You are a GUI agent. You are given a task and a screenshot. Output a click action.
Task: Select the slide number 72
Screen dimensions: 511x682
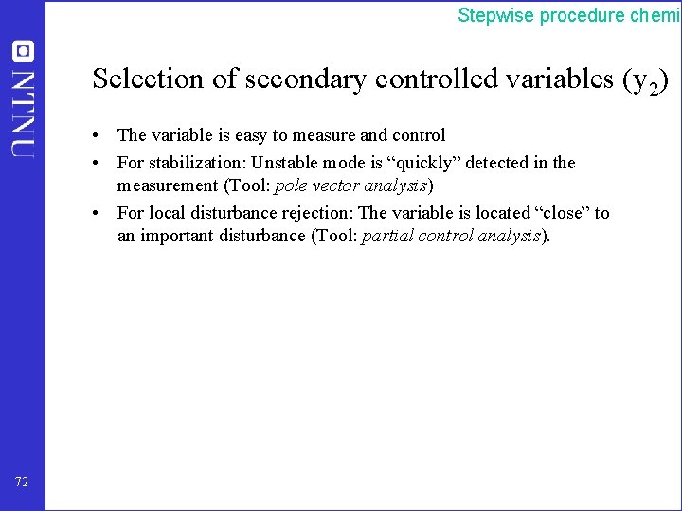tap(23, 483)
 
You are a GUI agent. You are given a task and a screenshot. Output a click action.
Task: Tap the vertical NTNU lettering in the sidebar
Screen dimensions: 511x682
tap(23, 114)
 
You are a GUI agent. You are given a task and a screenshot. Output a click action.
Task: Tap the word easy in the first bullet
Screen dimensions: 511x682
tap(236, 135)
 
